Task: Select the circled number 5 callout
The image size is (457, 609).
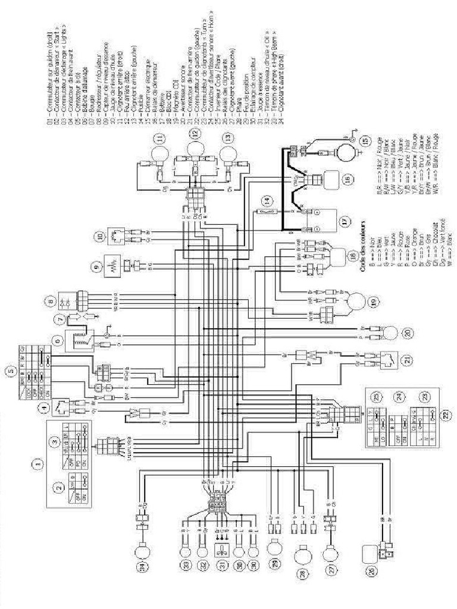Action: coord(11,373)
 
